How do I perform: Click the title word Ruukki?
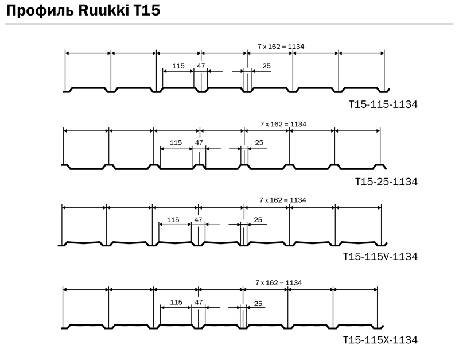[x=104, y=10]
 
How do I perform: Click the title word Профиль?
[x=40, y=11]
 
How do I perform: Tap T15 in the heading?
[x=147, y=10]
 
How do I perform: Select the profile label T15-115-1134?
[x=383, y=104]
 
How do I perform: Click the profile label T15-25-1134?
[x=386, y=181]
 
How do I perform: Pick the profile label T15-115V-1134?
[x=380, y=257]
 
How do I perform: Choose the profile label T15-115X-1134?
[x=380, y=340]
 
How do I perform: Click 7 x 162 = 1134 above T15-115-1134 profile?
[x=281, y=47]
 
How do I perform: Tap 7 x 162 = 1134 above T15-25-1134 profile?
[x=283, y=124]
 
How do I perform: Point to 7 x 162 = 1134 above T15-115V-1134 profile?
[x=282, y=200]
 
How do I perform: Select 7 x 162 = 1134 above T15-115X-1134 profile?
[x=278, y=283]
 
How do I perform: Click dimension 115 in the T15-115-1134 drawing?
[x=178, y=66]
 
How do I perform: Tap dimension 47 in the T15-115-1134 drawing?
[x=201, y=66]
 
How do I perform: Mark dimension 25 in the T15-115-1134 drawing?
[x=266, y=66]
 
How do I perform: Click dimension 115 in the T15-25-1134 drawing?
[x=176, y=142]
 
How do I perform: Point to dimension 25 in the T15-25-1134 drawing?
[x=259, y=142]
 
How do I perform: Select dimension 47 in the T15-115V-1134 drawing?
[x=198, y=220]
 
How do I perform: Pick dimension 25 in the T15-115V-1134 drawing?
[x=258, y=220]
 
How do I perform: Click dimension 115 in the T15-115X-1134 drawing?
[x=176, y=302]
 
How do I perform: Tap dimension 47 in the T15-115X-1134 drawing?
[x=199, y=302]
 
